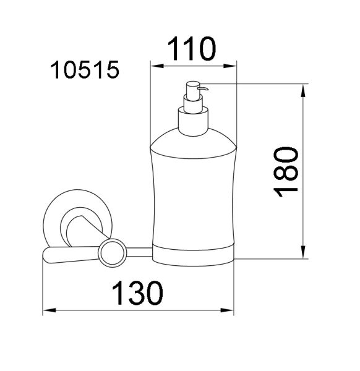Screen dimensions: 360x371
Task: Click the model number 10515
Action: [85, 69]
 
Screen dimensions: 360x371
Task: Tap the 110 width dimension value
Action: [192, 49]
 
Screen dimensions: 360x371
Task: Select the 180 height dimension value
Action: [286, 172]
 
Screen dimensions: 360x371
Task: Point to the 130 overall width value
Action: [137, 292]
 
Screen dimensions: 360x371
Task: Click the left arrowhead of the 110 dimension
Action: [157, 66]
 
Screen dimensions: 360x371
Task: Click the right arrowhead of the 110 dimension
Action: [230, 66]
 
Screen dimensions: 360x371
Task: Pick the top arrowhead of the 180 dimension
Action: [303, 90]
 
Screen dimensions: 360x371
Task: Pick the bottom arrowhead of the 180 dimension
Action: [303, 252]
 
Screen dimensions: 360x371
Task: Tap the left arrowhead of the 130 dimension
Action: [49, 310]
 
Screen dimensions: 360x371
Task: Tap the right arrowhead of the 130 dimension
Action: [227, 310]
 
